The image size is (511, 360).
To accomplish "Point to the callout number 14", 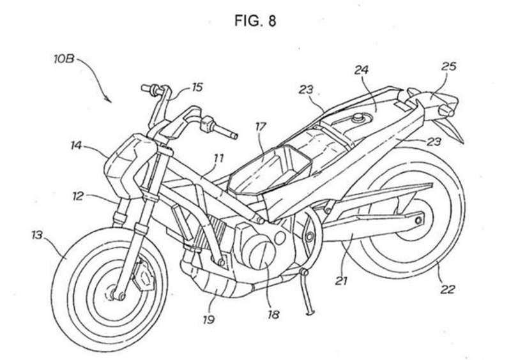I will [x=79, y=146].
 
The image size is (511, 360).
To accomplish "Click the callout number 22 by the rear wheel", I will [x=448, y=289].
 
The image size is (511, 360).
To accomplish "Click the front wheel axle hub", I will [x=118, y=294].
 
